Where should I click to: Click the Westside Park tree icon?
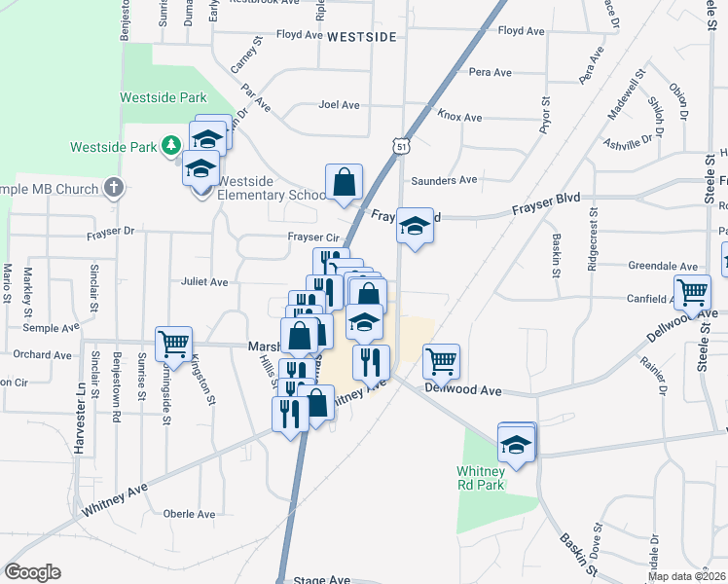tap(172, 146)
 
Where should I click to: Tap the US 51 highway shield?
tap(402, 145)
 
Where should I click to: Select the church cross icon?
tap(114, 187)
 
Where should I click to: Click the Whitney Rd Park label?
tap(481, 478)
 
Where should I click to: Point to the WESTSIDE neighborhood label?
tap(361, 36)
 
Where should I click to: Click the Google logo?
tap(32, 572)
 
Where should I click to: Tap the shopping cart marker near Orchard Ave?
tap(173, 343)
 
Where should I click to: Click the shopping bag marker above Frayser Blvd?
tap(344, 182)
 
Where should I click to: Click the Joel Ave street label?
tap(340, 104)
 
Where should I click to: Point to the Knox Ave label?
tap(459, 117)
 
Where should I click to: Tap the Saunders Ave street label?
tap(444, 180)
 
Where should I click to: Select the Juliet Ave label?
tap(203, 282)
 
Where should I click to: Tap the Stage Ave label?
tap(321, 579)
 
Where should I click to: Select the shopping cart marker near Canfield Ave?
tap(693, 291)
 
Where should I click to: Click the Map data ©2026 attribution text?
tap(687, 576)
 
